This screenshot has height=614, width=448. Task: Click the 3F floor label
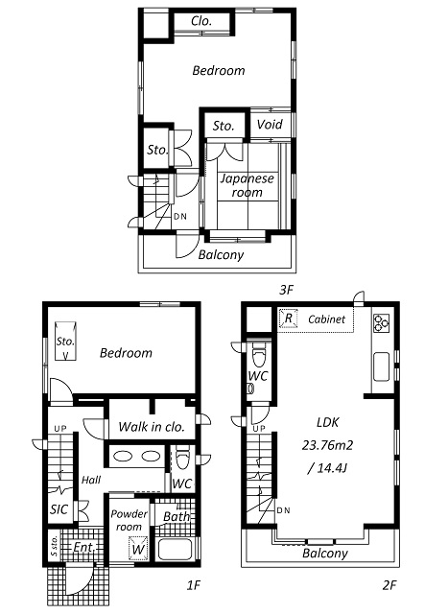[x=285, y=288]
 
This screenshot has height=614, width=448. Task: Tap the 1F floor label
[x=192, y=584]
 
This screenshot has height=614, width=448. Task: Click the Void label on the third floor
[x=270, y=126]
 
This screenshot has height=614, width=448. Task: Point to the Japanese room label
[x=247, y=185]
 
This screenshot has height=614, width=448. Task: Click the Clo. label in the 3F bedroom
[x=201, y=21]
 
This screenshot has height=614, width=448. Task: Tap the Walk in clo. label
[x=151, y=427]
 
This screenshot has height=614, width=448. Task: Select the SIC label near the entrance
[x=59, y=509]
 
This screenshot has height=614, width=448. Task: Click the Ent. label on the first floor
[x=83, y=548]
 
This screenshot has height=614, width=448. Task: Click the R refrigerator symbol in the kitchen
[x=287, y=319]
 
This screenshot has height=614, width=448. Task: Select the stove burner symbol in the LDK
[x=380, y=321]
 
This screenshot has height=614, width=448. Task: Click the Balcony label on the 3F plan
[x=221, y=255]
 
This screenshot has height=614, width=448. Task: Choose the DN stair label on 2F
[x=283, y=509]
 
